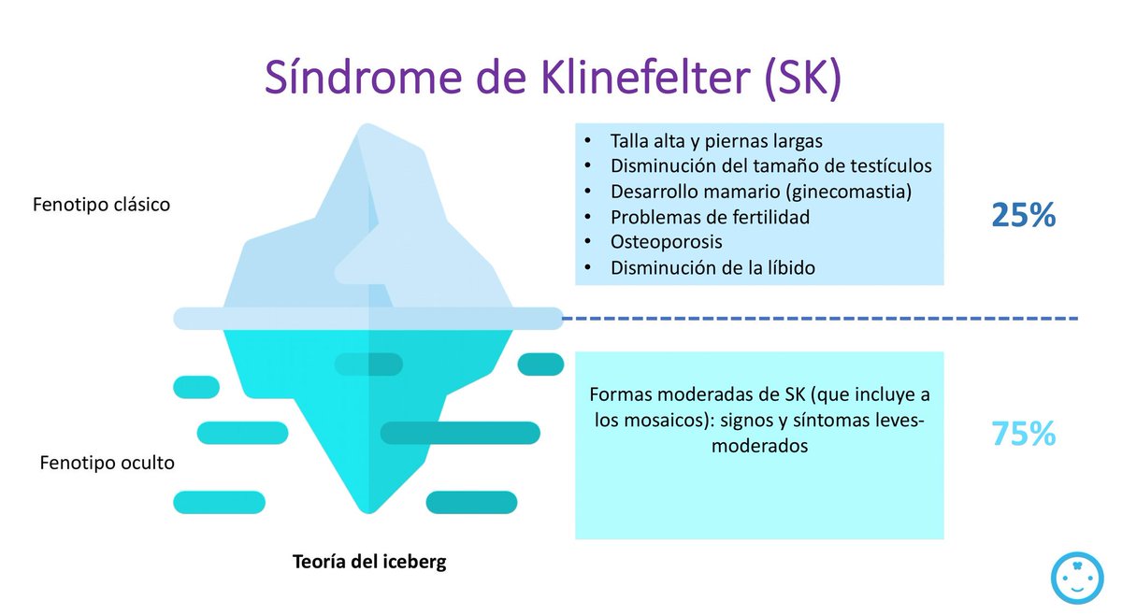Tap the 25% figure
tap(1023, 217)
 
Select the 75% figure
tap(1023, 434)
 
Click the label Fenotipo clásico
tap(102, 204)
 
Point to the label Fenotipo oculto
tap(107, 463)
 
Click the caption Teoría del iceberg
tap(369, 562)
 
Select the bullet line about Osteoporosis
tap(666, 242)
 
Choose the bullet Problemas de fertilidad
tap(710, 217)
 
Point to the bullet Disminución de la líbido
tap(712, 267)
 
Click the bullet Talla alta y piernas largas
tap(716, 141)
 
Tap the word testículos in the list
tap(895, 166)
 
